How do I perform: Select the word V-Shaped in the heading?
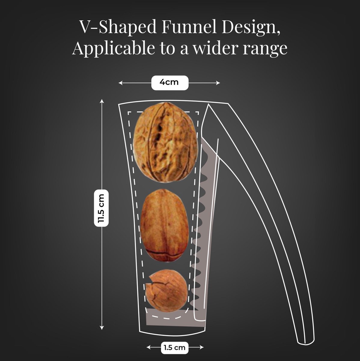click(118, 27)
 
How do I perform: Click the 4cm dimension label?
click(169, 82)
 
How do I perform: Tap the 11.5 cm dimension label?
click(101, 208)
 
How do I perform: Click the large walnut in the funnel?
click(165, 142)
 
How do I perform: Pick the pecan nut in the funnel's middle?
click(164, 226)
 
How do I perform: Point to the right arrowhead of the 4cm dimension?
click(218, 83)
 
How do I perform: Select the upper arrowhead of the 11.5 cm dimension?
click(102, 101)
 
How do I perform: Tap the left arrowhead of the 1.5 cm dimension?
click(149, 347)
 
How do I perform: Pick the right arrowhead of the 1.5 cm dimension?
click(202, 347)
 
